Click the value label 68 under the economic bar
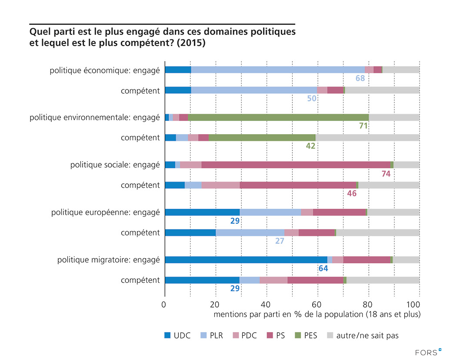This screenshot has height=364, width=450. click(360, 79)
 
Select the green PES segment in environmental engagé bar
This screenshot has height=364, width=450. click(278, 117)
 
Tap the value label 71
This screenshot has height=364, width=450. click(363, 126)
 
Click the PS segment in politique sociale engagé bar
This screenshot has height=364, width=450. click(296, 165)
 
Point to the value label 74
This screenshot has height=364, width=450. click(386, 174)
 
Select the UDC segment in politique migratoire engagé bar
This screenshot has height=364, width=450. click(246, 260)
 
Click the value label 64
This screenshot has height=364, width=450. click(323, 269)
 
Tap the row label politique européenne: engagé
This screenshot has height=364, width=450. click(105, 212)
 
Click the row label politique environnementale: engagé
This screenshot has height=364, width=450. click(94, 117)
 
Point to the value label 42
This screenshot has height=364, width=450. click(310, 146)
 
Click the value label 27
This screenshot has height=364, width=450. click(280, 241)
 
